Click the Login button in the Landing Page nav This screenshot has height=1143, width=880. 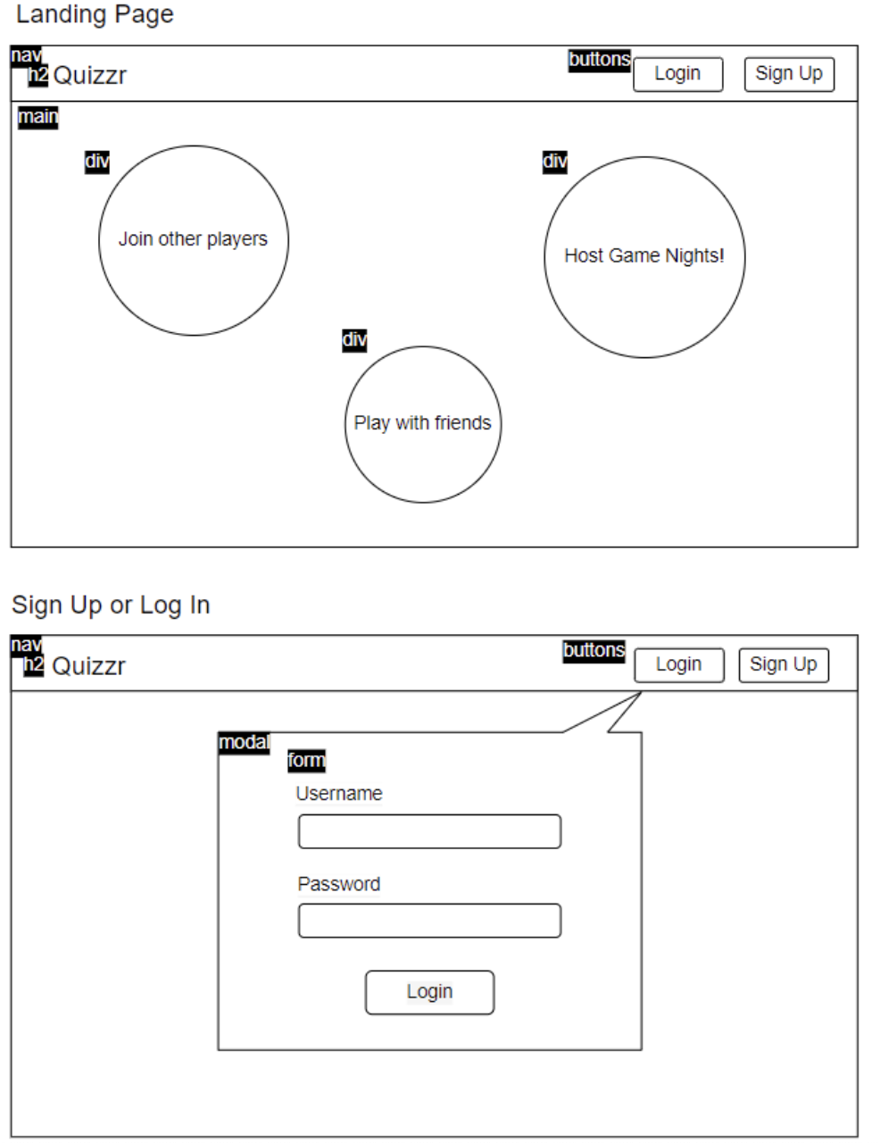[677, 74]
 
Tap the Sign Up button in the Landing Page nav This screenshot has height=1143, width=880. [789, 74]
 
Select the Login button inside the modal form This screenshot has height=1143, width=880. [429, 992]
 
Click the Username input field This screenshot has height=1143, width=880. [429, 831]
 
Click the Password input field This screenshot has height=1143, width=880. [429, 921]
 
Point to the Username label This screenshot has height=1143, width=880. [339, 793]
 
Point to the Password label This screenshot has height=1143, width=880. [339, 884]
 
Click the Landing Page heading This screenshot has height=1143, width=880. [95, 14]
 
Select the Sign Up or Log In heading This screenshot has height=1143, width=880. [111, 605]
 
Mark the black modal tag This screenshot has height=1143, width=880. [244, 743]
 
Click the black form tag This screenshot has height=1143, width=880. [306, 761]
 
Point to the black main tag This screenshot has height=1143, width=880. [37, 117]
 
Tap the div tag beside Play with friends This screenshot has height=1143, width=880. [354, 340]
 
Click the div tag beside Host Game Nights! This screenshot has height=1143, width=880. [554, 162]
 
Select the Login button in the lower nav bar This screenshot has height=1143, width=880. [679, 665]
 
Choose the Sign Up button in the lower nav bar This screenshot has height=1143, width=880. [784, 665]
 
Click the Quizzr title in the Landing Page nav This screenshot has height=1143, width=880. [90, 76]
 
